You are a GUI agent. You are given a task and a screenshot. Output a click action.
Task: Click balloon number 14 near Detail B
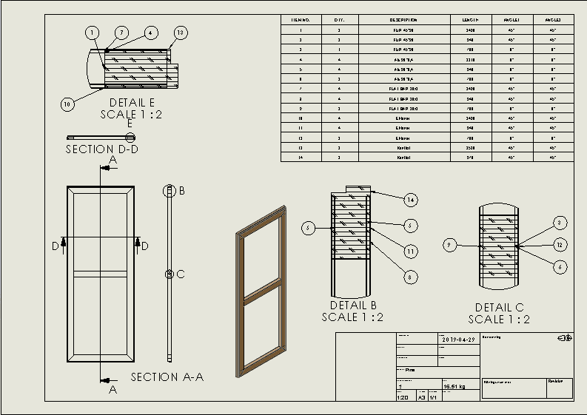tap(411, 199)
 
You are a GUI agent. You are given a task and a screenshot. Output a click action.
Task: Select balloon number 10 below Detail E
tap(67, 104)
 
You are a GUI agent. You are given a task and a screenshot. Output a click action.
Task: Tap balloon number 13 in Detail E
tap(180, 33)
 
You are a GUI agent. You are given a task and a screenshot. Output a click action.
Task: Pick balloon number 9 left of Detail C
tap(449, 244)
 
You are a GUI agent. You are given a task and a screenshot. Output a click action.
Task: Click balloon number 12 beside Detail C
tap(560, 244)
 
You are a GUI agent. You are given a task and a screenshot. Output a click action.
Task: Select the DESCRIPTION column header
tap(404, 20)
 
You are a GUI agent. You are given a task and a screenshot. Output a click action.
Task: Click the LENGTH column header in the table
tap(472, 20)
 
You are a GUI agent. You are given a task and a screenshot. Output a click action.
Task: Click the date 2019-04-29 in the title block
tap(457, 340)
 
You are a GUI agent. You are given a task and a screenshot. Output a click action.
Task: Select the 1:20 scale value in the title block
tap(403, 397)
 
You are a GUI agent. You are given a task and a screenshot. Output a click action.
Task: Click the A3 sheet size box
tap(421, 397)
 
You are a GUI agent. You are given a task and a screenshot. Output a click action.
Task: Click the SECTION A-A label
tap(167, 377)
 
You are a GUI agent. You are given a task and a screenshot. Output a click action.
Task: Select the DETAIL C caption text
tap(500, 308)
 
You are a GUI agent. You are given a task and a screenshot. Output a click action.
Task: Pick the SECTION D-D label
tap(102, 149)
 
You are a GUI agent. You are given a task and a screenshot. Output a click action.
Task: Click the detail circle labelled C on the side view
tap(170, 274)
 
